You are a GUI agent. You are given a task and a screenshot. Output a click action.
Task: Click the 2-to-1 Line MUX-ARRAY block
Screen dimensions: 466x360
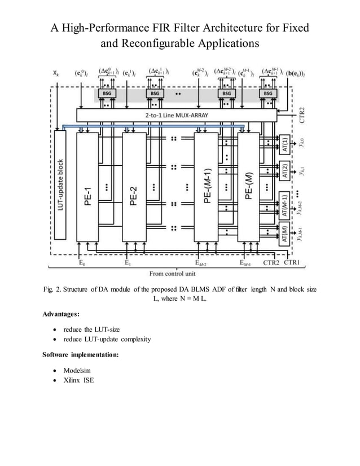[176, 116]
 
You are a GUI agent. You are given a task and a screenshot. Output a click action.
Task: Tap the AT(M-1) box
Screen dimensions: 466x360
[285, 205]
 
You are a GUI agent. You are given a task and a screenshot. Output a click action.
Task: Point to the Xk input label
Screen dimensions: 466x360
[55, 73]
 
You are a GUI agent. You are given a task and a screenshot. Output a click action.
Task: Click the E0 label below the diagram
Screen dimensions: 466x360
[82, 262]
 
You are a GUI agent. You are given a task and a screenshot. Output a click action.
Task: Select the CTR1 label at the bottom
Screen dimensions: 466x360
[292, 262]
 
